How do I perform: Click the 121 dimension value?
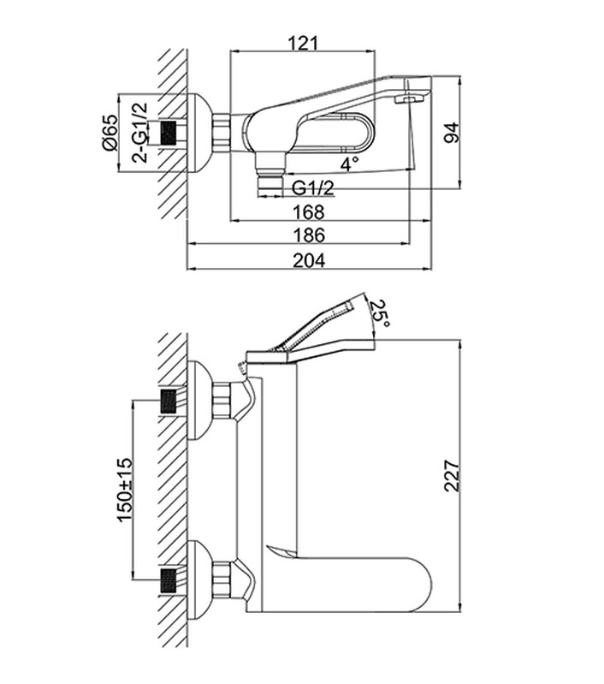[303, 43]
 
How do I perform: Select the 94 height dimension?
[452, 132]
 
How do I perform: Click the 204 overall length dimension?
[309, 261]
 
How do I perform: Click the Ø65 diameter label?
[109, 133]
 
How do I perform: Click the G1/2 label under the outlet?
[313, 187]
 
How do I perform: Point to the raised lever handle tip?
[352, 303]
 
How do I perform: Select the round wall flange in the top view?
[200, 133]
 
